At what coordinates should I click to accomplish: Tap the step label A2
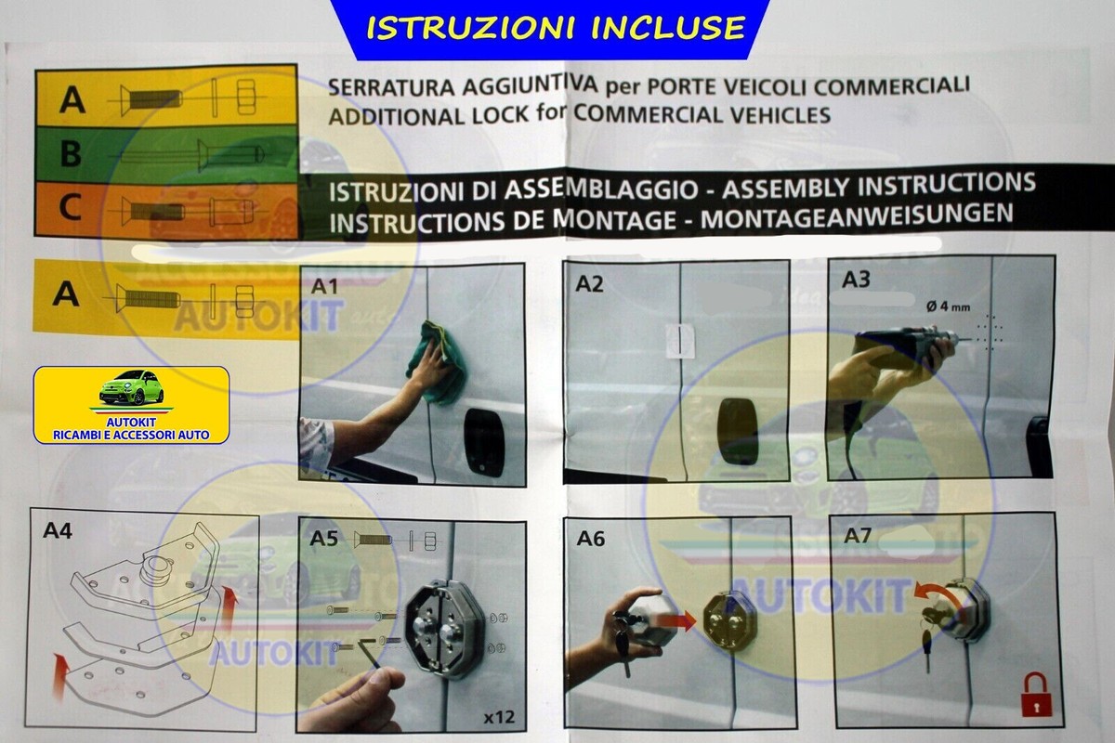pyautogui.click(x=589, y=282)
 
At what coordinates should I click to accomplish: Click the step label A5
pyautogui.click(x=324, y=539)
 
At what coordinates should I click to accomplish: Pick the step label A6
pyautogui.click(x=591, y=538)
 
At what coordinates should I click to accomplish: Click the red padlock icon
pyautogui.click(x=1033, y=696)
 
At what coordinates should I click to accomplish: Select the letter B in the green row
pyautogui.click(x=71, y=154)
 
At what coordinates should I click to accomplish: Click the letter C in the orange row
pyautogui.click(x=71, y=210)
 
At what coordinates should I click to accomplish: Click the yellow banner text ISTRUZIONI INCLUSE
pyautogui.click(x=556, y=27)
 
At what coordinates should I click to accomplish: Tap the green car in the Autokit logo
pyautogui.click(x=130, y=388)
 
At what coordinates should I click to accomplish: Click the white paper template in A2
pyautogui.click(x=680, y=341)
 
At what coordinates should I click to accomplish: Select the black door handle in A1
pyautogui.click(x=484, y=441)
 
